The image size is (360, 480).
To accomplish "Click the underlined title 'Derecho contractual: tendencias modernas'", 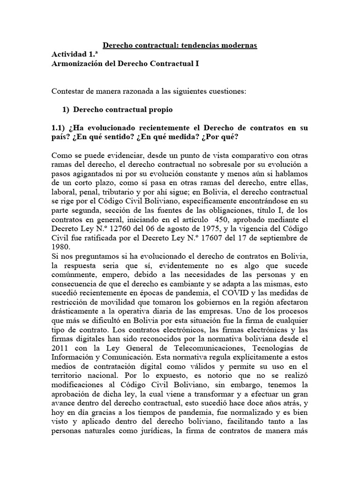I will (180, 45).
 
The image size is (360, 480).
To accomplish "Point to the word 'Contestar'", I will (67, 91).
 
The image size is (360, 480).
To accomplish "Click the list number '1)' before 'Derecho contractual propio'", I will (66, 110).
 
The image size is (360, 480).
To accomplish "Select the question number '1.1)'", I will (60, 128).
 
